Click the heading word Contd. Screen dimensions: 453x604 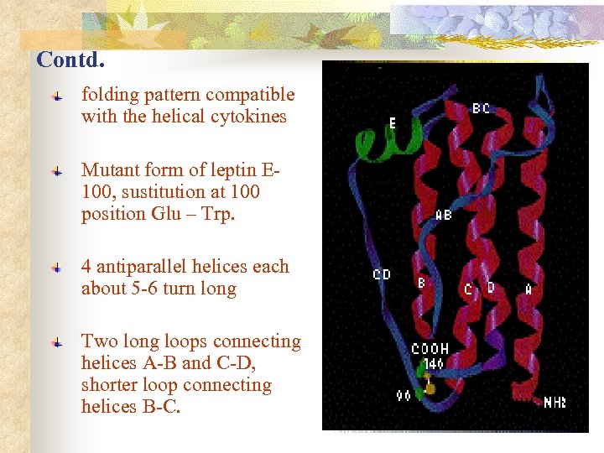point(70,60)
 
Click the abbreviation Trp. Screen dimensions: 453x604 point(220,213)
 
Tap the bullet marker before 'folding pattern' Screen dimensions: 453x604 point(55,97)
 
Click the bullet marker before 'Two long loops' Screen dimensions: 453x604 point(55,343)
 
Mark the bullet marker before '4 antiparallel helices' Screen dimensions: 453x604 point(55,268)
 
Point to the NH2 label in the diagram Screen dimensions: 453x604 point(554,403)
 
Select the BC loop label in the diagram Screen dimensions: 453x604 point(481,109)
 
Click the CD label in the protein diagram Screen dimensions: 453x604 point(382,274)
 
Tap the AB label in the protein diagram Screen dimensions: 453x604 point(443,216)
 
